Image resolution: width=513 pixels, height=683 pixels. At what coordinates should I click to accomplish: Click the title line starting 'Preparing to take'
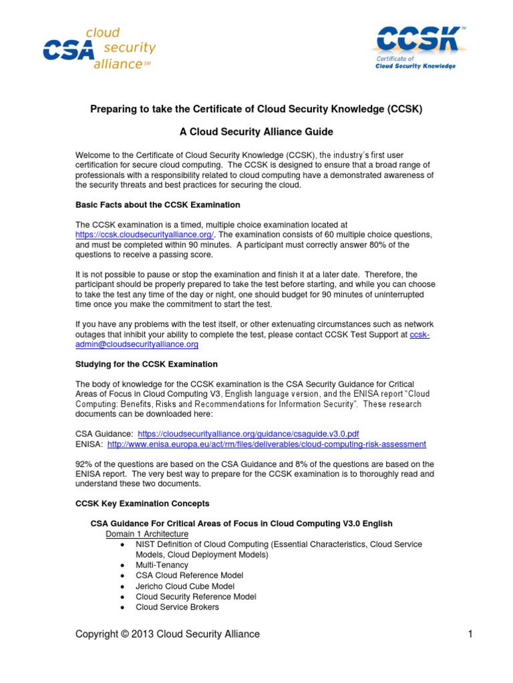256,108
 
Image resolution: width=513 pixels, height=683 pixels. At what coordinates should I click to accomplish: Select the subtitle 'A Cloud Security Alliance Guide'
256,132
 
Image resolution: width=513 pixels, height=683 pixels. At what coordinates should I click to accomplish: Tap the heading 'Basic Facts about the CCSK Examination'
158,204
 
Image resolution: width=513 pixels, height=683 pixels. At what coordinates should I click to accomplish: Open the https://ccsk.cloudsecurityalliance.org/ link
144,235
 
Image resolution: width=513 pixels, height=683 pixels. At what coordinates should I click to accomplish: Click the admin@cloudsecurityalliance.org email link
137,344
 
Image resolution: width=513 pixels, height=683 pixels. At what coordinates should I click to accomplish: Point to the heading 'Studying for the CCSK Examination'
146,364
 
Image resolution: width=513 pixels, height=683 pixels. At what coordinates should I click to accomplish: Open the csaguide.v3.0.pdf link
252,433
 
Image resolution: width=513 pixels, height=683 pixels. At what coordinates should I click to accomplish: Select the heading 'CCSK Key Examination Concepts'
142,503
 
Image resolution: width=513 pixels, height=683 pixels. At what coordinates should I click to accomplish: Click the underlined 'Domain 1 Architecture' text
147,534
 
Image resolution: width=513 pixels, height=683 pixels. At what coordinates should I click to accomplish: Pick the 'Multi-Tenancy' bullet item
162,564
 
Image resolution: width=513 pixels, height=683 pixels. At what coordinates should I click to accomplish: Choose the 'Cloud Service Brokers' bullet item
177,607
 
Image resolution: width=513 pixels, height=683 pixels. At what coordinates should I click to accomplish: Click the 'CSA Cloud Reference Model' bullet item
189,575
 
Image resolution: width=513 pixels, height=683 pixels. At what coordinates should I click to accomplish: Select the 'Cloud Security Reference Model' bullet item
196,596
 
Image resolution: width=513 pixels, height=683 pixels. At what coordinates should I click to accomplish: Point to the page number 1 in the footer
470,634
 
